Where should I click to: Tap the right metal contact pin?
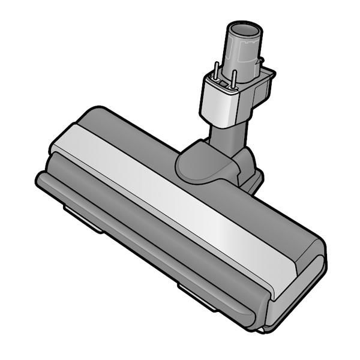coord(235,76)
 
